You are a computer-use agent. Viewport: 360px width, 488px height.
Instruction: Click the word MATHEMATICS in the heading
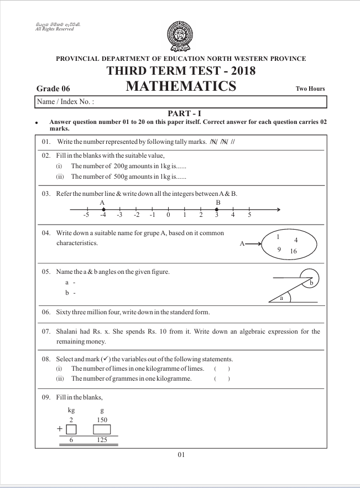pos(181,86)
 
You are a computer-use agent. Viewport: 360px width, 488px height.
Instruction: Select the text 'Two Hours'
pos(310,89)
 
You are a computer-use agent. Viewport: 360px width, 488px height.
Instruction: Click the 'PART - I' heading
pos(180,113)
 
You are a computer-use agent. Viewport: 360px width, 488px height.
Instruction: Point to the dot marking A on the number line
pos(103,209)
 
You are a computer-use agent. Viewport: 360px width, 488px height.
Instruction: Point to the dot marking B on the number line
pos(217,209)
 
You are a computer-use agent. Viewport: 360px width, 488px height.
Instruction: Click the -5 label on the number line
pos(86,215)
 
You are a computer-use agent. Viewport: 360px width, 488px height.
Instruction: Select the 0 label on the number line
pos(168,215)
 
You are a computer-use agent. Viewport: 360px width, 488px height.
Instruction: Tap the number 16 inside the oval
pos(293,251)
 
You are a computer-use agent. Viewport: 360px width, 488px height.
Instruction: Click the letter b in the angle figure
pos(311,283)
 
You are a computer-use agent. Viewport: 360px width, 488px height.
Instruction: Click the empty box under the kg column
pos(71,429)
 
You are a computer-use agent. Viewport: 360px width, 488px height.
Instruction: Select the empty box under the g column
pos(102,429)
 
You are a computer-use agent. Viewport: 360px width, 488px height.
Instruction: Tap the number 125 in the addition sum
pos(102,440)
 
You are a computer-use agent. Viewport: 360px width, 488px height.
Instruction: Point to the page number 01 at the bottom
pos(181,455)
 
